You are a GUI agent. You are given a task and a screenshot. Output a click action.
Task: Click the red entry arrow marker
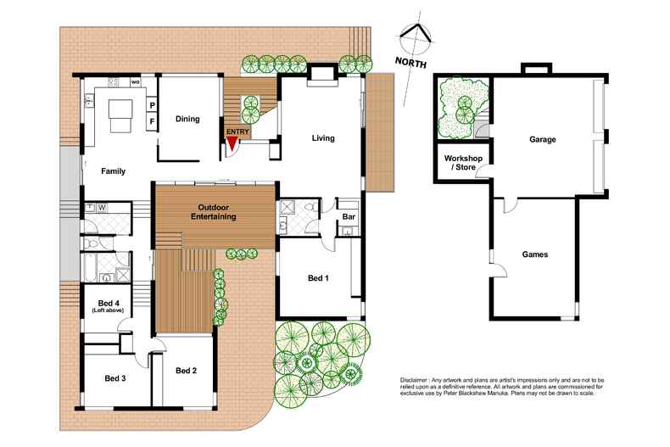pyautogui.click(x=231, y=145)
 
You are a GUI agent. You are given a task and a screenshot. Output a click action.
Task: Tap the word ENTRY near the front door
pyautogui.click(x=237, y=132)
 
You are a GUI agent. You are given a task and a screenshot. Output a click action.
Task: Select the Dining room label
pyautogui.click(x=187, y=119)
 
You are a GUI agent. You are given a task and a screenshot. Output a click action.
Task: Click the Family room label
pyautogui.click(x=113, y=171)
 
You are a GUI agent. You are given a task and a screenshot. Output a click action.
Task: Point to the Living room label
pyautogui.click(x=322, y=137)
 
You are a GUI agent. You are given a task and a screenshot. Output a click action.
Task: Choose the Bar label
pyautogui.click(x=347, y=217)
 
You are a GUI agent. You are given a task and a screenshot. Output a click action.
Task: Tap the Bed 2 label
pyautogui.click(x=186, y=371)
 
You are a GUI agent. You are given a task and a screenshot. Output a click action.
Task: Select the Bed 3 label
pyautogui.click(x=115, y=378)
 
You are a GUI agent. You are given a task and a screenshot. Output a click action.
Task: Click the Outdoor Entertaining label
pyautogui.click(x=216, y=212)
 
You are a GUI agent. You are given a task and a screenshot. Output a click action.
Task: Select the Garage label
pyautogui.click(x=542, y=140)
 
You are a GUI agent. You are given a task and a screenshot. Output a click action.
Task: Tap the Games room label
pyautogui.click(x=534, y=254)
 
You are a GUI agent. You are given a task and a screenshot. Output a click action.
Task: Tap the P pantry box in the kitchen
pyautogui.click(x=152, y=105)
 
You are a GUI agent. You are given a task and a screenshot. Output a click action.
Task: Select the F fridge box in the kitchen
pyautogui.click(x=152, y=121)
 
